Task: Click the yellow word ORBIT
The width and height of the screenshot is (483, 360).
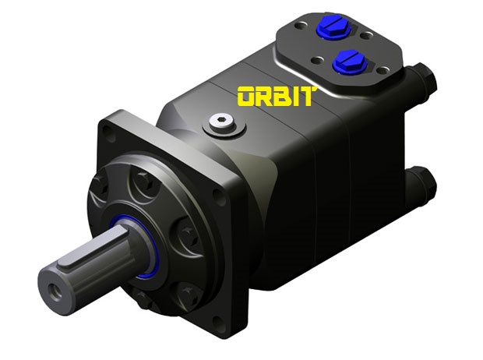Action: (x=277, y=97)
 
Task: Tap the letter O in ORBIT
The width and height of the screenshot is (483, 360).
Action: (x=248, y=97)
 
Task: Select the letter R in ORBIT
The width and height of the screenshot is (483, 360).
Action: (x=266, y=97)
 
